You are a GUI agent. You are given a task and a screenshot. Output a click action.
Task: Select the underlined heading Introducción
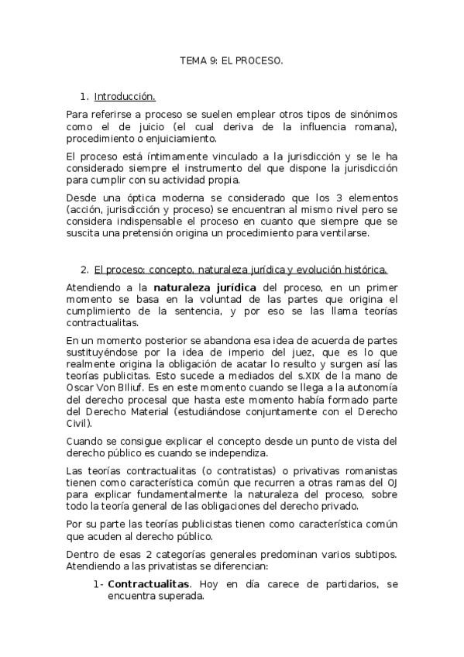point(125,97)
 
